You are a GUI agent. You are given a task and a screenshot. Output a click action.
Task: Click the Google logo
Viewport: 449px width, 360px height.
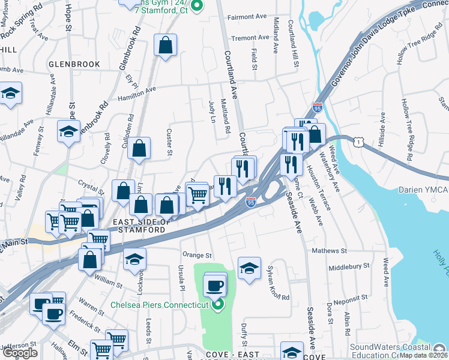tap(20, 353)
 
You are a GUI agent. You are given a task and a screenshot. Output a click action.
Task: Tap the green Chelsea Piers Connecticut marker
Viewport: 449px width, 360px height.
tap(217, 305)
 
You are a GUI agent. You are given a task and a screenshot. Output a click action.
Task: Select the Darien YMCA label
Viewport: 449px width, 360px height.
tap(423, 190)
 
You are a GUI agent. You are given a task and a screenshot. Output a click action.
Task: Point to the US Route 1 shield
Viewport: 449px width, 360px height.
tap(358, 142)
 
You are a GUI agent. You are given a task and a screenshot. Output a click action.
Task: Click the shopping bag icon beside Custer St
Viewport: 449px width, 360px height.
tap(139, 149)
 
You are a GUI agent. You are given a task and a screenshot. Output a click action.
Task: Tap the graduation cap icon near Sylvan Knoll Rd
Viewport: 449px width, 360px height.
tap(249, 268)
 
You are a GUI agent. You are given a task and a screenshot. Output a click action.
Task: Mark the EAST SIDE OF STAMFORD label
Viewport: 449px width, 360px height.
tap(133, 224)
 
